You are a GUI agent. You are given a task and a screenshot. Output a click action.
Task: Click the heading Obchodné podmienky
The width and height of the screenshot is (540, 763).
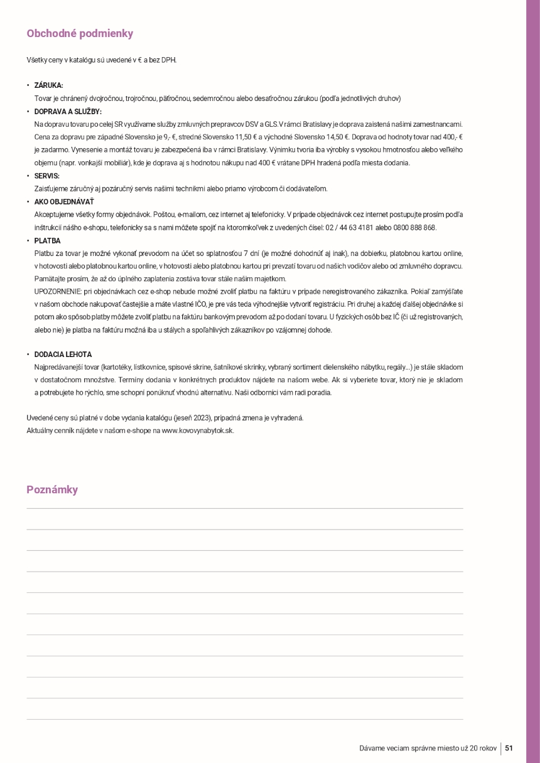tap(80, 34)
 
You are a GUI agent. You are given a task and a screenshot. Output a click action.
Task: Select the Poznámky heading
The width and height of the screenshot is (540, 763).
tap(52, 489)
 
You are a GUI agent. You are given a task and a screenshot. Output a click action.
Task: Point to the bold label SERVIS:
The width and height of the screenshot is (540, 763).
tap(46, 176)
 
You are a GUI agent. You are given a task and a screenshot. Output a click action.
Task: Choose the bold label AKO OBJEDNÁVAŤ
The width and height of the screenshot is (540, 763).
tap(64, 201)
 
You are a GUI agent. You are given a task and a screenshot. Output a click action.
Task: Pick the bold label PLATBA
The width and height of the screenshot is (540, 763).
tap(47, 240)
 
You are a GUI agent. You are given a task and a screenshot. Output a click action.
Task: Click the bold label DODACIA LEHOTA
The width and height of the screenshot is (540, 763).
tap(63, 355)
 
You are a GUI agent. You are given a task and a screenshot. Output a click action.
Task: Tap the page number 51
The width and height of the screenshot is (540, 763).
tap(509, 748)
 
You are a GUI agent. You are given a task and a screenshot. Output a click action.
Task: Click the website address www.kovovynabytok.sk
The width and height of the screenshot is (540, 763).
tap(197, 430)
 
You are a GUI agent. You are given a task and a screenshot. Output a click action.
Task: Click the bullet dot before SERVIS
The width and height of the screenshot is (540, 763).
tap(28, 176)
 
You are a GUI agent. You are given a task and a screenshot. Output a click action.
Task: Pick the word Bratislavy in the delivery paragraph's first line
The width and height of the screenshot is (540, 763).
tap(318, 124)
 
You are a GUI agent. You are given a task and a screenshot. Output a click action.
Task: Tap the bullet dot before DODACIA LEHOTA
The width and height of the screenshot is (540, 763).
tap(28, 355)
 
